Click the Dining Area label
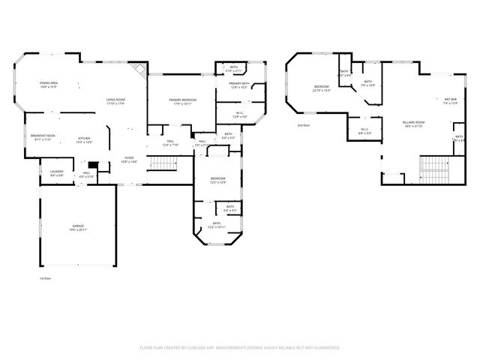coord(49,85)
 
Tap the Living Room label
coord(115,101)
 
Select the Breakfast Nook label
coord(41,137)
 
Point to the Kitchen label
coord(85,139)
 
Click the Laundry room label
coord(57,173)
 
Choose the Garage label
coord(77,227)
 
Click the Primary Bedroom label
coord(166,102)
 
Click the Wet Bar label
coord(451,101)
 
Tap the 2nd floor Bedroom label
coord(321,89)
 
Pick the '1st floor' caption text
coord(45,277)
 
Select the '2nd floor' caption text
coord(304,125)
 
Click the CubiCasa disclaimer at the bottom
coord(240,348)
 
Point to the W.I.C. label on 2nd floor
coord(364,130)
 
